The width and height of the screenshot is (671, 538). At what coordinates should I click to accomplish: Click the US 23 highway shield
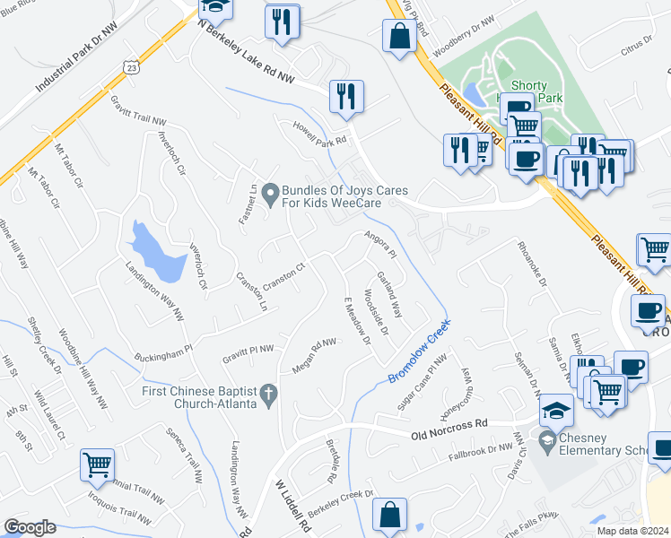point(132,67)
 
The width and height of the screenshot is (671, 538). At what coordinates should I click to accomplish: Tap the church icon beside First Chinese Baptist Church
point(266,394)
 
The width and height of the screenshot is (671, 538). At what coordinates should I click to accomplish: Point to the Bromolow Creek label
point(418,351)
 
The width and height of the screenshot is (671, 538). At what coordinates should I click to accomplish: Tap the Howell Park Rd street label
point(318,134)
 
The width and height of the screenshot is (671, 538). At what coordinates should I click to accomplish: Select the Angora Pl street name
point(380,243)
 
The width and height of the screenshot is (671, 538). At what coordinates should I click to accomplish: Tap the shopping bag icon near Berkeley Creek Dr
point(389,516)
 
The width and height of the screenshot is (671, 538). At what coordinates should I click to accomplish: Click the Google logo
point(30,527)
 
